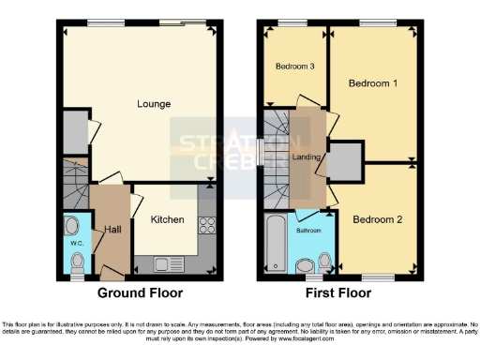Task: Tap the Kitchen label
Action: [x=168, y=220]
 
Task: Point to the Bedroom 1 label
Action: [x=373, y=83]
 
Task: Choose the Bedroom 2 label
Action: [x=378, y=219]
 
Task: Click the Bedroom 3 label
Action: [x=294, y=67]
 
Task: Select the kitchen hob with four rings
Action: [x=207, y=225]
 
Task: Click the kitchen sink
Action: [x=161, y=263]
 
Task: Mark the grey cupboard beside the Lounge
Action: [x=73, y=132]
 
